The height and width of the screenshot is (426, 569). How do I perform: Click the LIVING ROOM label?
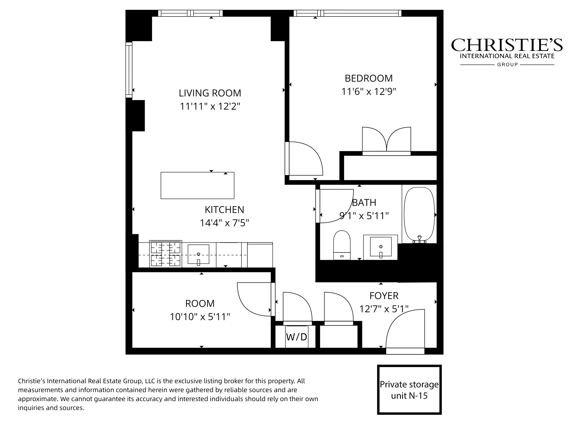click(x=210, y=93)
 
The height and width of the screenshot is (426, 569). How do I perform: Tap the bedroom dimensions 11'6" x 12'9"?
click(x=368, y=91)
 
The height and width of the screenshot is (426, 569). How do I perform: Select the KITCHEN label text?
click(x=224, y=210)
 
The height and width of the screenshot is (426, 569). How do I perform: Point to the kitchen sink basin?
click(x=198, y=254)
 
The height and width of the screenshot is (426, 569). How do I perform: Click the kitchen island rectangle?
click(x=197, y=185)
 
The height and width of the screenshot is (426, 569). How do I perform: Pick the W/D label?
click(x=296, y=337)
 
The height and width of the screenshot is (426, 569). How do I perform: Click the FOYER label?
click(x=384, y=296)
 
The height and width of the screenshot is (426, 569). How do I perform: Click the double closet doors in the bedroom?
click(x=386, y=140)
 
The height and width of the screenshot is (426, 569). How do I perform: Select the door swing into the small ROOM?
click(x=253, y=299)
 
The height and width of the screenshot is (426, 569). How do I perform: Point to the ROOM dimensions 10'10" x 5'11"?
click(x=200, y=317)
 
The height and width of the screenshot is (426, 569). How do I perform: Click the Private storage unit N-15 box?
click(x=409, y=390)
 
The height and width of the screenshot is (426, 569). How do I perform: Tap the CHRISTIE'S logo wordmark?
click(x=507, y=45)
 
